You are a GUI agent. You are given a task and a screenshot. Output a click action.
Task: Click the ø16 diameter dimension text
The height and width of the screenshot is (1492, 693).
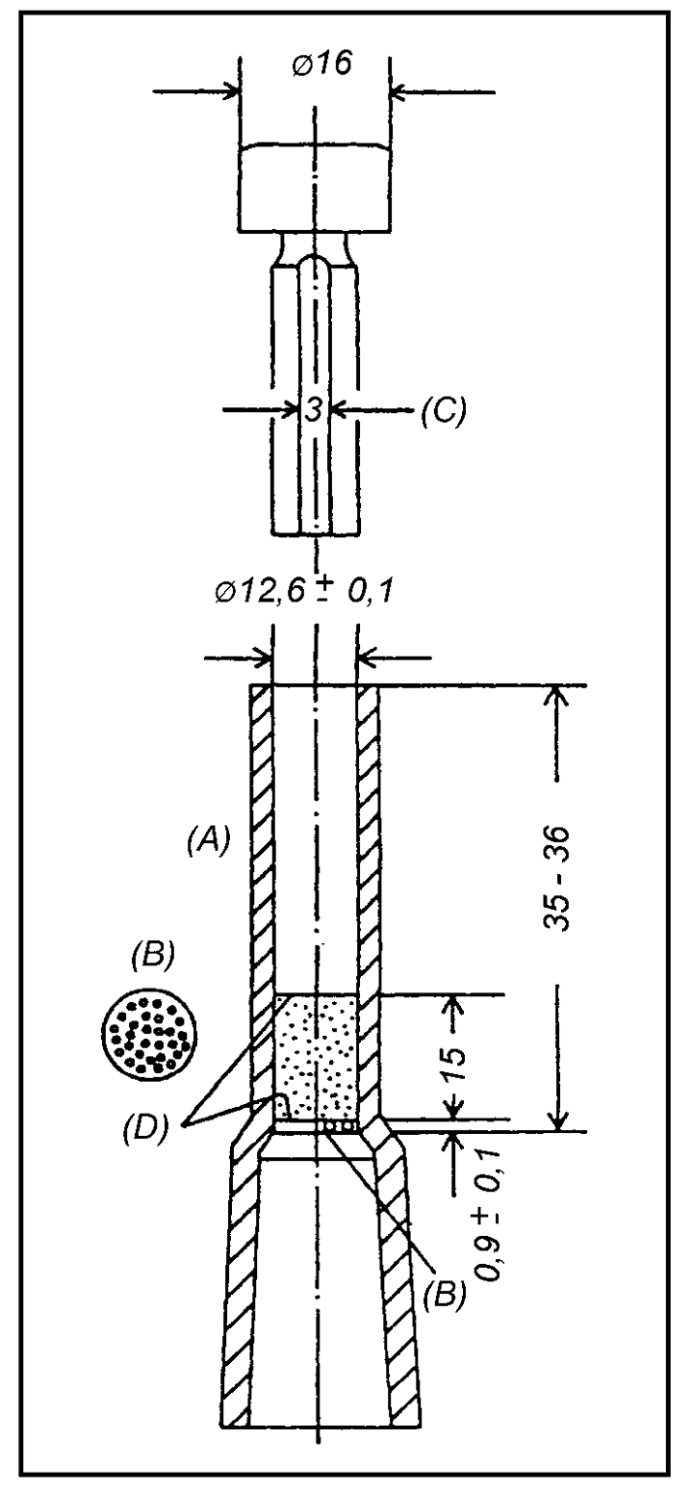pos(323,64)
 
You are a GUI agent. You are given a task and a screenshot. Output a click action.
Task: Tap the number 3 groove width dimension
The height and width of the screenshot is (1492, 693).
pos(313,410)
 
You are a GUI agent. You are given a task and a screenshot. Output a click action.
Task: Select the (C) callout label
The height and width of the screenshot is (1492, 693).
pos(444,410)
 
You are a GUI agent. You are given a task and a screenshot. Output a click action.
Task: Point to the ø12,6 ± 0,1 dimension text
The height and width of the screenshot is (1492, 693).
pos(303,591)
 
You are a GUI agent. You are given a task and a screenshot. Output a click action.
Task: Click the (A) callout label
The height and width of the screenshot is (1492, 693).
pos(208,840)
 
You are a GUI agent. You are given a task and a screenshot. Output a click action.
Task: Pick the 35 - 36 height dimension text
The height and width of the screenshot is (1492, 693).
pos(558,879)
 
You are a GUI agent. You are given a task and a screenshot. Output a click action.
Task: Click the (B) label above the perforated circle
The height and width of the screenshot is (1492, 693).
pos(151,955)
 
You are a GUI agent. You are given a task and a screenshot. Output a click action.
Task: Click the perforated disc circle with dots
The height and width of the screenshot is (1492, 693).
pos(150,1035)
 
